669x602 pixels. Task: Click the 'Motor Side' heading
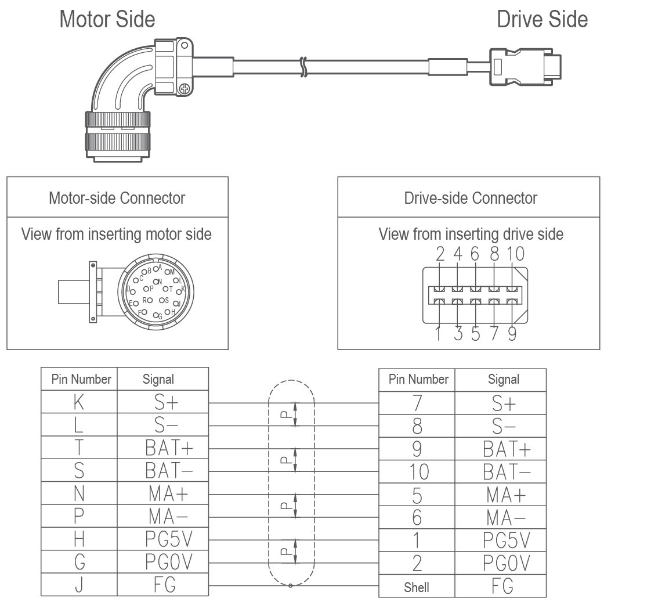click(107, 20)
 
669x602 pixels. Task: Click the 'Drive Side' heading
click(542, 20)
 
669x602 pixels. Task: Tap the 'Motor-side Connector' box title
click(117, 198)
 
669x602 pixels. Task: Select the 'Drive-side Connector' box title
click(471, 199)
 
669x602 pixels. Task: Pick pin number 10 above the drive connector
click(515, 254)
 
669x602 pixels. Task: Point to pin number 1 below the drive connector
click(439, 334)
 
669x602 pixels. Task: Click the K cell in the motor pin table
click(79, 402)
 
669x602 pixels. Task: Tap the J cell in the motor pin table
click(79, 585)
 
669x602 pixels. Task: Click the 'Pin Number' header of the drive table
click(418, 380)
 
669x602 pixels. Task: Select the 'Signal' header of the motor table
click(158, 380)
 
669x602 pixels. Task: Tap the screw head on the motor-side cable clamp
click(184, 89)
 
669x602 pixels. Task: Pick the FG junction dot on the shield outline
click(290, 585)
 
